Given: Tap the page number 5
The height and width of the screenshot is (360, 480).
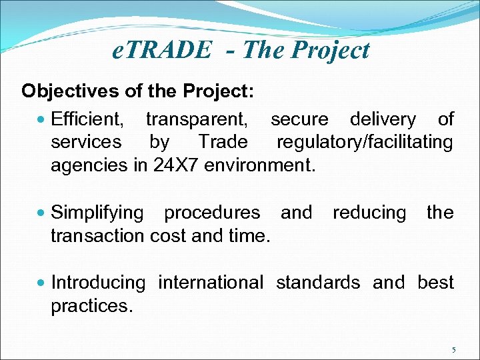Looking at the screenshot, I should tap(454, 350).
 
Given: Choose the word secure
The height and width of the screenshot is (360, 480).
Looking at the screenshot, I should tap(299, 120).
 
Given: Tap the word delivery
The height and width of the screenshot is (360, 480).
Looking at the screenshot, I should tap(383, 120).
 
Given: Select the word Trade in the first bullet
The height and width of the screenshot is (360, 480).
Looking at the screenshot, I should tap(223, 143).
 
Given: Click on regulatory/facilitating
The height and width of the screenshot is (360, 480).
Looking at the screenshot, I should tap(365, 143).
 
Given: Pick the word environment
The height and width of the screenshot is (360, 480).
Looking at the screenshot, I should tap(259, 165).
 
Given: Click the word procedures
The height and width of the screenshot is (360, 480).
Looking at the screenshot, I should tap(212, 213).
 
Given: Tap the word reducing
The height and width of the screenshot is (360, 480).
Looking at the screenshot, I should tap(369, 213).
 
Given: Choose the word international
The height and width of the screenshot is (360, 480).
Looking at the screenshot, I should tap(211, 283).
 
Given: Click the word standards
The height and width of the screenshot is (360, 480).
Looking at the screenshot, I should tap(318, 283).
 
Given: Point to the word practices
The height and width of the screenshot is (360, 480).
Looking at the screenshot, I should tap(92, 306).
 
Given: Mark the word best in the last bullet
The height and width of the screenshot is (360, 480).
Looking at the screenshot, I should tap(435, 283).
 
